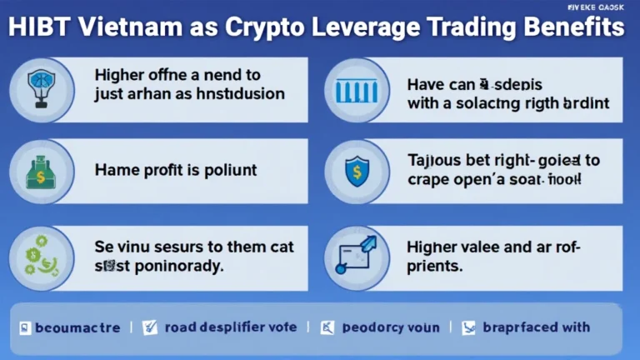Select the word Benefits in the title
(x=576, y=27)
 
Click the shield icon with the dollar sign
(x=356, y=170)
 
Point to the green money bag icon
(x=37, y=174)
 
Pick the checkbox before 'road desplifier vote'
(x=150, y=327)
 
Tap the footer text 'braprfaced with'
(x=536, y=327)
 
